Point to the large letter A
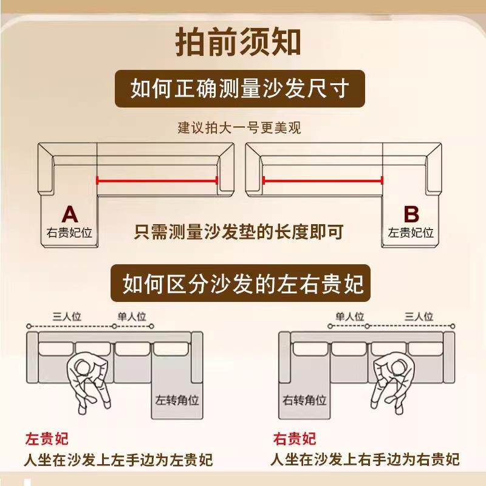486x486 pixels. [70, 214]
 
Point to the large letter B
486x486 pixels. [411, 214]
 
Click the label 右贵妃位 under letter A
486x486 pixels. [70, 233]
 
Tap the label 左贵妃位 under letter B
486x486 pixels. [411, 233]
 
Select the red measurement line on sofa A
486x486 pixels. [157, 180]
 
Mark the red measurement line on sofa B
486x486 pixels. [322, 180]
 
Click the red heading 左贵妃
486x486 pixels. [47, 439]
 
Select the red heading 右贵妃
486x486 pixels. [295, 439]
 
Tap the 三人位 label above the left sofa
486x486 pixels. [67, 317]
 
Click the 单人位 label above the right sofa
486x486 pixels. [350, 317]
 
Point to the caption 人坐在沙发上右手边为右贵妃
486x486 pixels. [364, 460]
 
